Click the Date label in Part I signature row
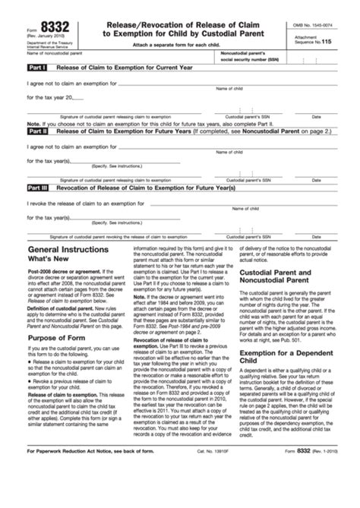[x=316, y=117]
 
